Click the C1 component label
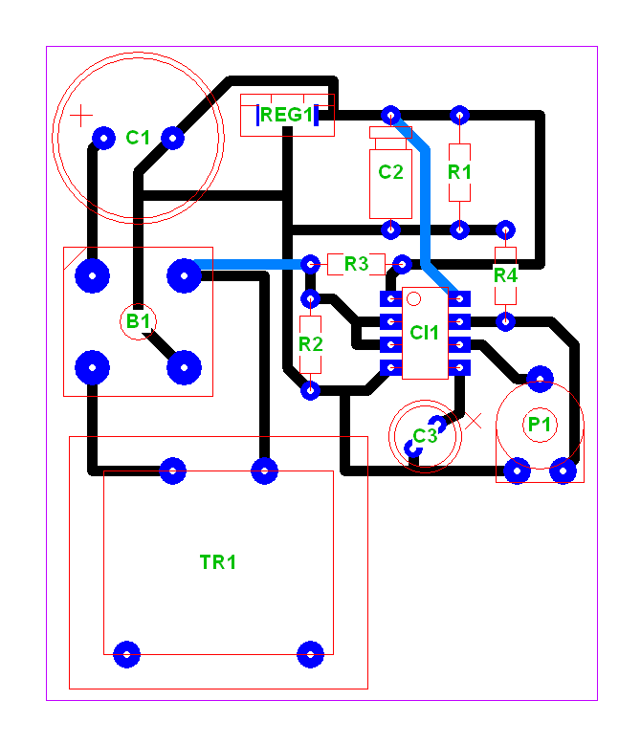coord(138,138)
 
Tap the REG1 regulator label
coord(287,115)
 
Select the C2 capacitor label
coord(390,172)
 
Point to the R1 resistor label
coord(459,172)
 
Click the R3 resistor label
coord(356,264)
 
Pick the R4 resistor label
coord(505,275)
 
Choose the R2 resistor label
coord(311,344)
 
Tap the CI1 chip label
coord(424,333)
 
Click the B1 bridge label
coord(138,321)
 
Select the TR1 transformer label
coord(218,562)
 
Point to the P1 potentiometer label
coord(540,425)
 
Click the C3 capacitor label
coord(425,435)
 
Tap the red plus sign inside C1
coord(81,116)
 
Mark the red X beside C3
coord(473,421)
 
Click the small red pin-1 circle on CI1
coord(414,299)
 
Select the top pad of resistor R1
coord(459,115)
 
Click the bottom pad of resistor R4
coord(505,321)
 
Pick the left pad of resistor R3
coord(311,264)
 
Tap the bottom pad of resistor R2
coord(311,390)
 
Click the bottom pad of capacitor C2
coord(390,230)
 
